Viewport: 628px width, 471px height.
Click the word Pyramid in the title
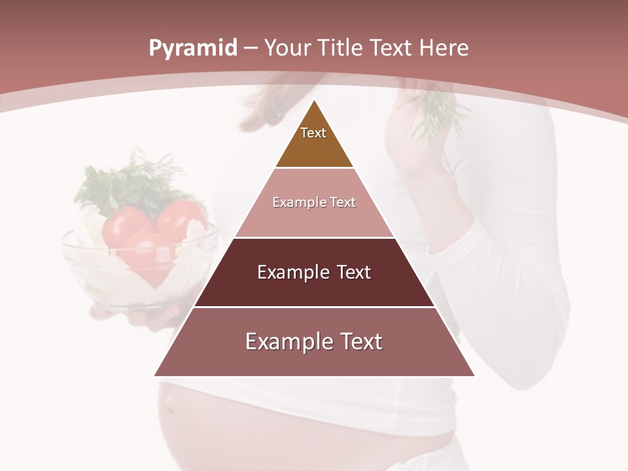[x=192, y=48]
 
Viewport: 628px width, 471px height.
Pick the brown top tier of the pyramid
[x=314, y=147]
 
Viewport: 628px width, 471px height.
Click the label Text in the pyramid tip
[x=313, y=133]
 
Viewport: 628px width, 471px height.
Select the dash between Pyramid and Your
[x=251, y=48]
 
